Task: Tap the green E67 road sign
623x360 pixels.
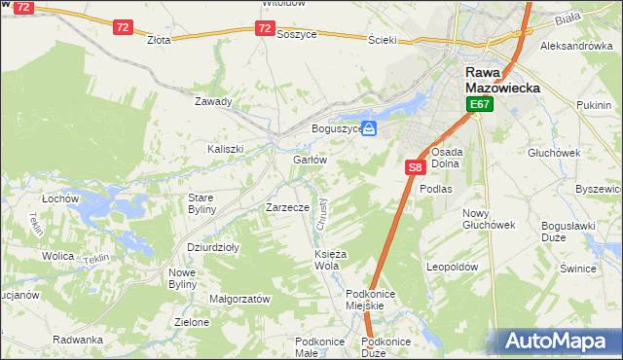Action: coord(479,104)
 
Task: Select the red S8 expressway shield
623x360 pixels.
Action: coord(415,167)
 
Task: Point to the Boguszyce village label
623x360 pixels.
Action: coord(337,128)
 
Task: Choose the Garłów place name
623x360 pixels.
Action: coord(309,160)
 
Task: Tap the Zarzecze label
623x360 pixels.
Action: coord(287,207)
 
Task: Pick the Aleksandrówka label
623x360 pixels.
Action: coord(575,46)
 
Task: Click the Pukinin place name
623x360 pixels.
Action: coord(593,104)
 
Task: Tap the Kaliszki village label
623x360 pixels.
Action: coord(225,149)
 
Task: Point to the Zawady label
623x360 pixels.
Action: coord(213,101)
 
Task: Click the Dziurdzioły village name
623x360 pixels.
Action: coord(213,247)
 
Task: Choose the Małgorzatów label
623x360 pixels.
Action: coord(239,300)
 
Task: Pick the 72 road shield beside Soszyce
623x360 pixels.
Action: coord(265,29)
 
